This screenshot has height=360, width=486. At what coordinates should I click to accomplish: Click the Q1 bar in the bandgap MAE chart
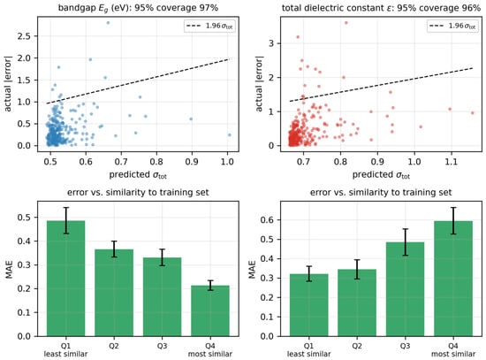pyautogui.click(x=65, y=279)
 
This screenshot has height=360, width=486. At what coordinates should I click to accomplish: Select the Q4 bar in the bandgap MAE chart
pyautogui.click(x=210, y=310)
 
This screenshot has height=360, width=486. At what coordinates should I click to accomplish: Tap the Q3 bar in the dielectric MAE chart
pyautogui.click(x=405, y=289)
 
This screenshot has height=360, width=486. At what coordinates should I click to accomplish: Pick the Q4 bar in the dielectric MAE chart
pyautogui.click(x=453, y=279)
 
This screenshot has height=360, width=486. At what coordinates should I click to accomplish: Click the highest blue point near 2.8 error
pyautogui.click(x=108, y=23)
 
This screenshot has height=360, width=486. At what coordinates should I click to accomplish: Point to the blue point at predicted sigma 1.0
pyautogui.click(x=230, y=134)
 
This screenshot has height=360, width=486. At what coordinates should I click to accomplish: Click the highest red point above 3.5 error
pyautogui.click(x=346, y=23)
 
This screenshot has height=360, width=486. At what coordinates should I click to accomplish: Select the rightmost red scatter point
pyautogui.click(x=473, y=113)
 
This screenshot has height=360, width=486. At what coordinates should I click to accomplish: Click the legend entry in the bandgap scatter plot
pyautogui.click(x=209, y=26)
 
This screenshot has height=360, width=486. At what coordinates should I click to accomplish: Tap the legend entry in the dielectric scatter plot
pyautogui.click(x=452, y=26)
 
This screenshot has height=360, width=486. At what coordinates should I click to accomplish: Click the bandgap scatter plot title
pyautogui.click(x=138, y=7)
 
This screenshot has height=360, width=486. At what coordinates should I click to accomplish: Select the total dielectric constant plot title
pyautogui.click(x=381, y=7)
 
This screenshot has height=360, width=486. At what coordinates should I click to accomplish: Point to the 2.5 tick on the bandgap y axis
pyautogui.click(x=24, y=36)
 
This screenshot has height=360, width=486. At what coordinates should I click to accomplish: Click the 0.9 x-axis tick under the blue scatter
pyautogui.click(x=192, y=161)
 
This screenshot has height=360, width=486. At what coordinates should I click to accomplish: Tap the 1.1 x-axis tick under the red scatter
pyautogui.click(x=452, y=161)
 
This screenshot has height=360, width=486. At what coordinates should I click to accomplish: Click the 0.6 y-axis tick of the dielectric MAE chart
pyautogui.click(x=267, y=219)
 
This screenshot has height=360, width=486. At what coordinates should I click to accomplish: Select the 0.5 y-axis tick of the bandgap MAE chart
pyautogui.click(x=24, y=218)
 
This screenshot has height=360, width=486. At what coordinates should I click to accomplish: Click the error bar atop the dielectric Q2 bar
pyautogui.click(x=357, y=269)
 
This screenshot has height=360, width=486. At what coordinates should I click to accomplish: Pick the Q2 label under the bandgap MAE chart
pyautogui.click(x=114, y=346)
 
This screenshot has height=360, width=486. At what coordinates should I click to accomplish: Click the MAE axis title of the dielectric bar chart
pyautogui.click(x=253, y=269)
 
